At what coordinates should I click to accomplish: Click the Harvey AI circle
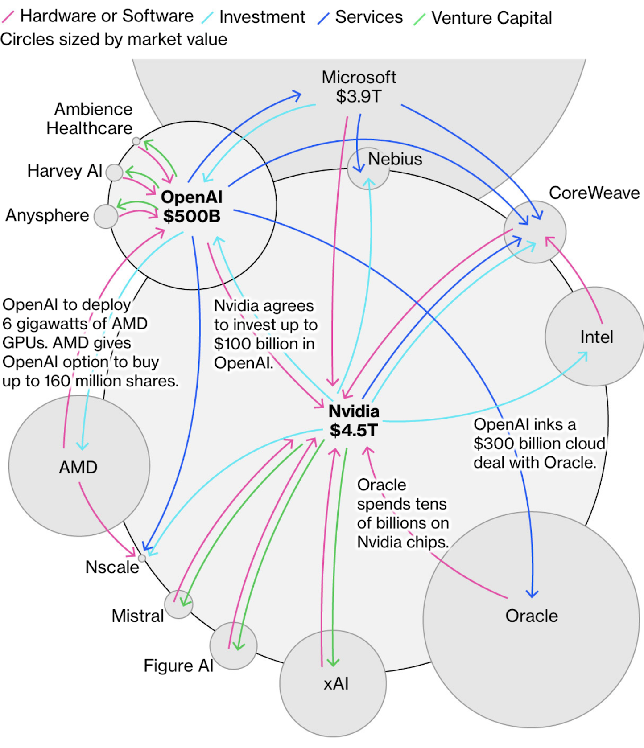pos(115,173)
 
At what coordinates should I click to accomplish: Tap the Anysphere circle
pos(106,217)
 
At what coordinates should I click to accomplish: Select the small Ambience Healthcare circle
pos(136,141)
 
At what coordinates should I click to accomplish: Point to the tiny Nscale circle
pos(142,558)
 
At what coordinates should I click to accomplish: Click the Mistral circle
pos(178,604)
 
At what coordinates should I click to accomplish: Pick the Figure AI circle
pos(233,646)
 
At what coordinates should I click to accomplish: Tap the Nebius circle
pos(368,169)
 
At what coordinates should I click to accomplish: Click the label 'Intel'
pos(597,337)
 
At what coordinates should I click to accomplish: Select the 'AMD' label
pos(78,468)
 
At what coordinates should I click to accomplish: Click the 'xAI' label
pos(336,684)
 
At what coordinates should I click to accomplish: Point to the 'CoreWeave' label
pos(594,193)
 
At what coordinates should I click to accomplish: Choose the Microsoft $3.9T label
pos(359,87)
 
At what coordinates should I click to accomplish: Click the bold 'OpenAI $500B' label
pos(192,206)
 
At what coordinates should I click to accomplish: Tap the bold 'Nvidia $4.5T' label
pos(354,421)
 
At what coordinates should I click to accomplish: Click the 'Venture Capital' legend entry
pos(491,18)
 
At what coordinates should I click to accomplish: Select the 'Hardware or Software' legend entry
pos(107,16)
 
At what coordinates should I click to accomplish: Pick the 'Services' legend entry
pos(368,17)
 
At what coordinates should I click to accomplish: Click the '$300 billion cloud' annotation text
pos(539,444)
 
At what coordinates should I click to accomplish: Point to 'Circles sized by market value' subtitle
pos(114,40)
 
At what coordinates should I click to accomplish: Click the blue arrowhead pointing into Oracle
pos(532,593)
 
